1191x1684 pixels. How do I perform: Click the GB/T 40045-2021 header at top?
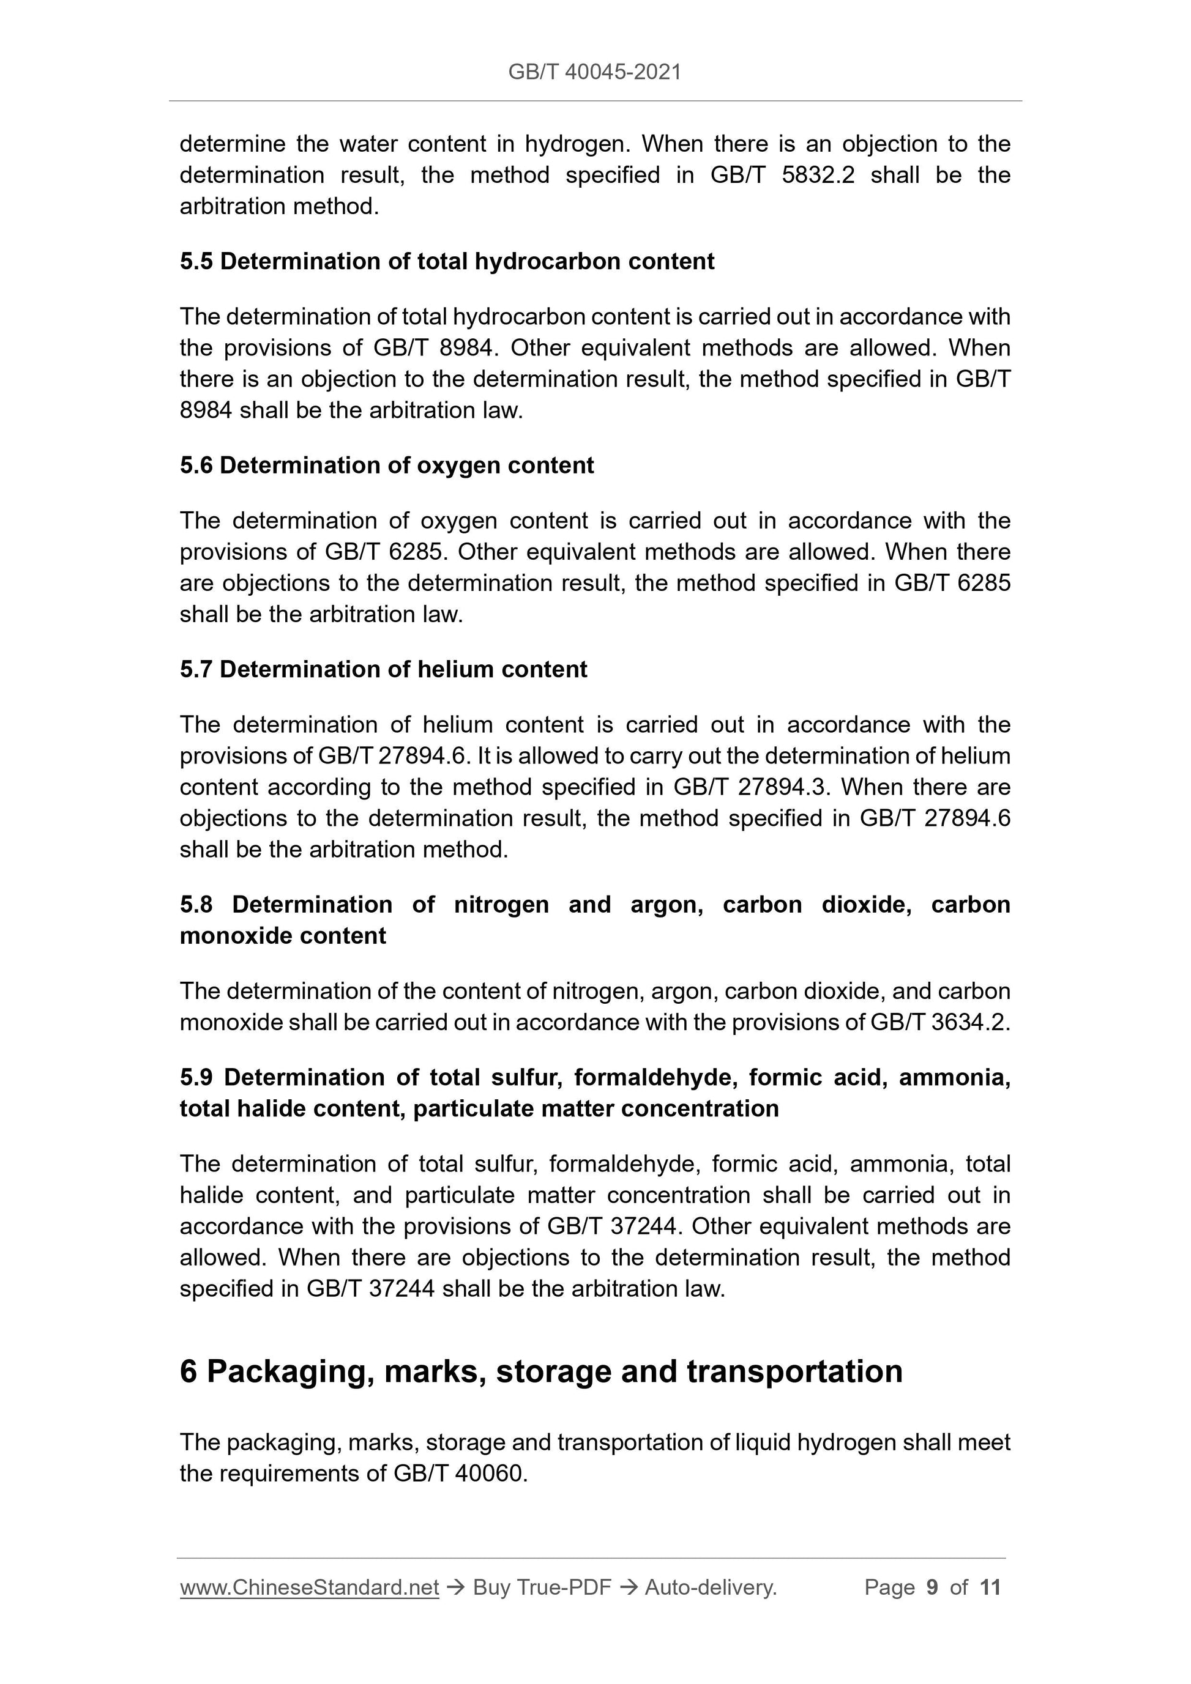[594, 72]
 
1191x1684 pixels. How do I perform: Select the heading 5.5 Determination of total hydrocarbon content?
[447, 262]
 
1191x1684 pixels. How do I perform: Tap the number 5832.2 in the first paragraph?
[818, 176]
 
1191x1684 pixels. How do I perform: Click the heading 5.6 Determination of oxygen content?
[387, 466]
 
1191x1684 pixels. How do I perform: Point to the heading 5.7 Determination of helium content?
[383, 670]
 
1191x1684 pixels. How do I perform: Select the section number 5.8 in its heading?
[196, 905]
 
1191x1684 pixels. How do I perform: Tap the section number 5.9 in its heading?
[196, 1077]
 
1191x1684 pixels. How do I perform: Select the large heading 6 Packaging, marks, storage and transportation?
[541, 1371]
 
